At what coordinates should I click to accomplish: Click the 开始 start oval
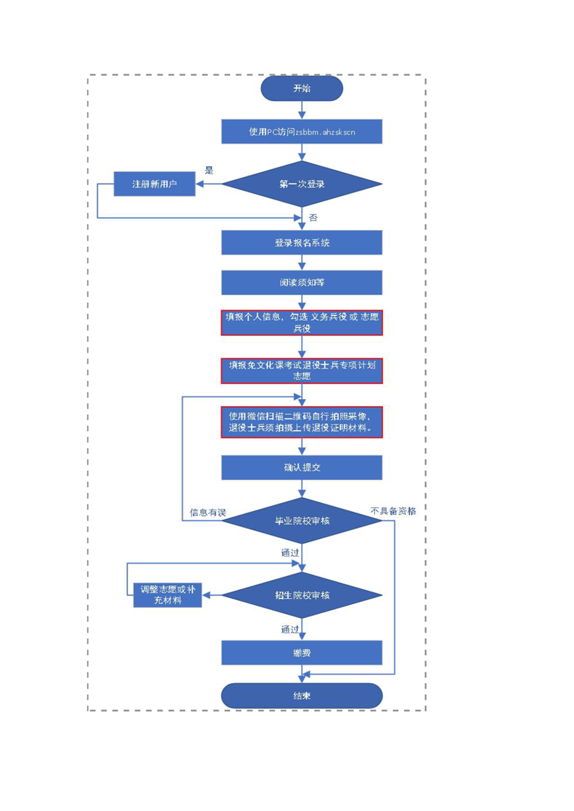click(x=301, y=89)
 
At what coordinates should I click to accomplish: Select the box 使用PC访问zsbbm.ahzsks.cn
click(x=301, y=132)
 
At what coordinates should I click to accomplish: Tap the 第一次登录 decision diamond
click(x=301, y=184)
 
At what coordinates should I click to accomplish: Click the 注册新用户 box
click(x=154, y=184)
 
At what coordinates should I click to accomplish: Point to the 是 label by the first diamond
click(x=209, y=171)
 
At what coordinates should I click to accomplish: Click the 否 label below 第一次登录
click(x=313, y=218)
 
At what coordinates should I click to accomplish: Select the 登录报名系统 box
click(x=301, y=243)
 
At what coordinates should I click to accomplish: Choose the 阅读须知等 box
click(x=301, y=282)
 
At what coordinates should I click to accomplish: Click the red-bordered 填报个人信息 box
click(x=301, y=322)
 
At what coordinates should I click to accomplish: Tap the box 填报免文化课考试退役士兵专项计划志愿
click(x=301, y=370)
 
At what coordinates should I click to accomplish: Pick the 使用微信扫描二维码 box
click(x=301, y=421)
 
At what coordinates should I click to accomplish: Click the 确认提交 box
click(x=301, y=467)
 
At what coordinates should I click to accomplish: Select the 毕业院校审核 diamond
click(x=301, y=520)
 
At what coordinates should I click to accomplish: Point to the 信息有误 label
click(x=208, y=512)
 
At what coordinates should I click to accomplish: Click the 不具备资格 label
click(x=393, y=510)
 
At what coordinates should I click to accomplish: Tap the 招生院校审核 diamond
click(x=301, y=595)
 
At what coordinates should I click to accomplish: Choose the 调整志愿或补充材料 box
click(x=167, y=595)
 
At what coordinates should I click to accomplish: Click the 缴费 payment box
click(x=301, y=653)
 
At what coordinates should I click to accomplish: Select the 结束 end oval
click(x=301, y=695)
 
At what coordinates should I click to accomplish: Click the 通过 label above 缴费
click(x=290, y=629)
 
